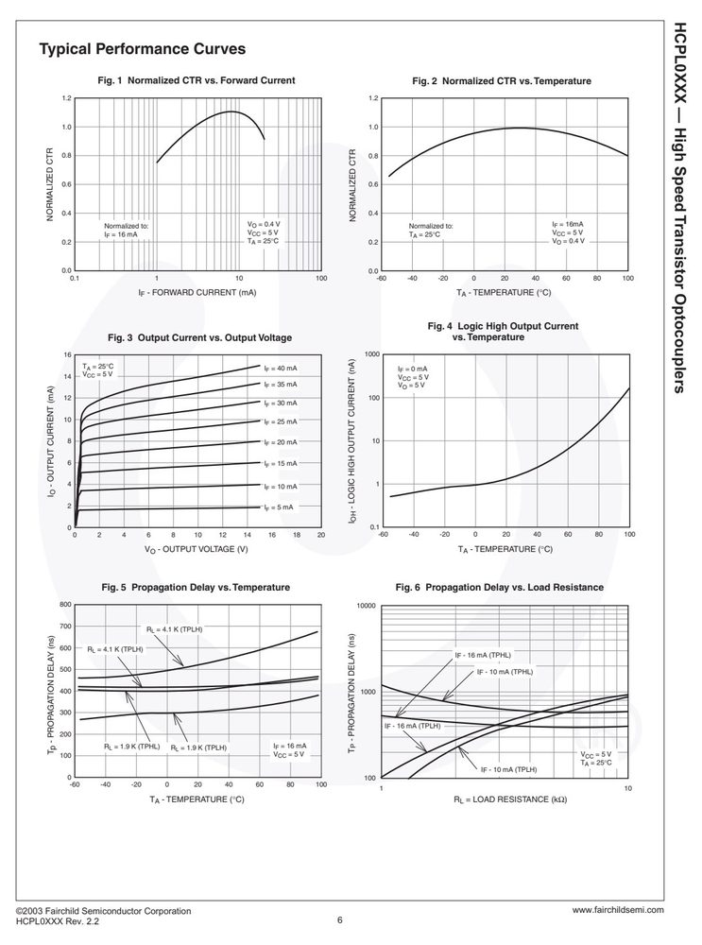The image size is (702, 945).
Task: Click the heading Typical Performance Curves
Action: pyautogui.click(x=143, y=49)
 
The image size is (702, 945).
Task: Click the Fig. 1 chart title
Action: pyautogui.click(x=197, y=80)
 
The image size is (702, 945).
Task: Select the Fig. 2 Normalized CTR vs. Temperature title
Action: pyautogui.click(x=502, y=80)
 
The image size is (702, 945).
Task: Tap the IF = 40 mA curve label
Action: pyautogui.click(x=281, y=369)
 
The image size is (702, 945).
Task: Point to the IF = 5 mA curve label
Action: pyautogui.click(x=279, y=507)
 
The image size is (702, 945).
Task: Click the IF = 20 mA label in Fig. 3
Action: pyautogui.click(x=281, y=442)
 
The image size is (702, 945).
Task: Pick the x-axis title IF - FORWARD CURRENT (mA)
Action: pyautogui.click(x=197, y=293)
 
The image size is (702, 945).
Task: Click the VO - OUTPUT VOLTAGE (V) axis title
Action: pyautogui.click(x=196, y=549)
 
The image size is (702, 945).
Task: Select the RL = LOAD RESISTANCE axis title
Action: pyautogui.click(x=510, y=799)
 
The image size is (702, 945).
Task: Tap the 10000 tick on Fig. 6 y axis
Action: pyautogui.click(x=367, y=606)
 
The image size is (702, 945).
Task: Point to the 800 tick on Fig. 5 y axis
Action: pyautogui.click(x=66, y=605)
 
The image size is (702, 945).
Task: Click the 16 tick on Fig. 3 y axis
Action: pyautogui.click(x=67, y=355)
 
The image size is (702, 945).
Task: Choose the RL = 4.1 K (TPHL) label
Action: pyautogui.click(x=175, y=629)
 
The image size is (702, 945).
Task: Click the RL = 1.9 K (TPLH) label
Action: pyautogui.click(x=198, y=747)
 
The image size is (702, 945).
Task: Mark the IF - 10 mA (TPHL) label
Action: pyautogui.click(x=505, y=672)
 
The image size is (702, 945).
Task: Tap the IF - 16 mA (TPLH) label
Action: pyautogui.click(x=413, y=726)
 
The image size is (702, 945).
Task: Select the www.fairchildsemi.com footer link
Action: pyautogui.click(x=618, y=910)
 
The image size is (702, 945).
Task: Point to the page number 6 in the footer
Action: pyautogui.click(x=340, y=920)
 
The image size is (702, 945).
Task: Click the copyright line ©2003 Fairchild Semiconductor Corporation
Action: pyautogui.click(x=104, y=911)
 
